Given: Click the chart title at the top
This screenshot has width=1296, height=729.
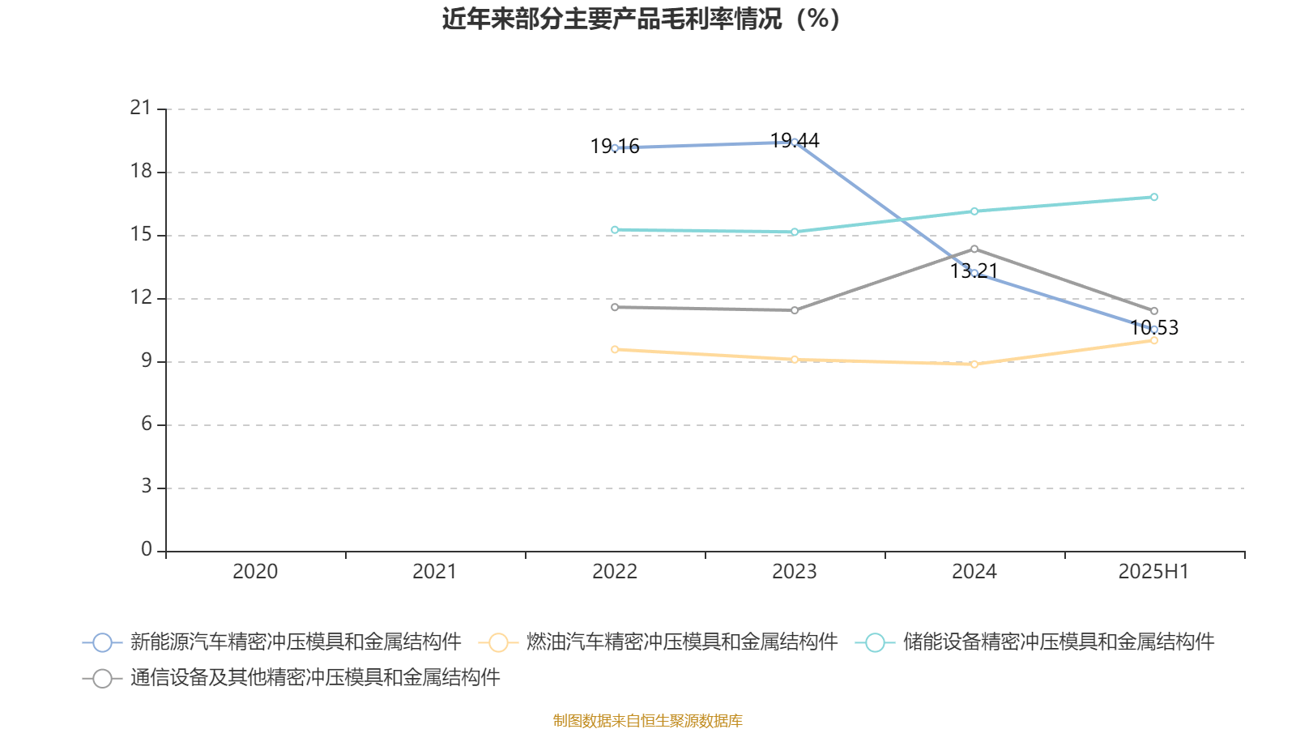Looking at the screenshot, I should (641, 19).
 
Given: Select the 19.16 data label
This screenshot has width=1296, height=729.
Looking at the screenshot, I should (615, 147).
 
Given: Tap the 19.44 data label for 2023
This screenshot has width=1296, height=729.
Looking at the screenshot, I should (795, 141).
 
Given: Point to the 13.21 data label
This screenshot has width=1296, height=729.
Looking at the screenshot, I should (974, 271).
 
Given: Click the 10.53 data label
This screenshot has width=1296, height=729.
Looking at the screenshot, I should (1154, 328).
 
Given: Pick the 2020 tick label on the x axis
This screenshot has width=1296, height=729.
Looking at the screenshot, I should (255, 572).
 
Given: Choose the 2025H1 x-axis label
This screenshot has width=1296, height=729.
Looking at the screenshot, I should (1153, 572).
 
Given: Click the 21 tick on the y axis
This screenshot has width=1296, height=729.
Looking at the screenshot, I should (141, 108).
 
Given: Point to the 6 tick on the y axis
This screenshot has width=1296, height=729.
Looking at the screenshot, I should (147, 424).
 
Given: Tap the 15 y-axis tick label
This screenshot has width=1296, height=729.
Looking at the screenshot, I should (141, 234).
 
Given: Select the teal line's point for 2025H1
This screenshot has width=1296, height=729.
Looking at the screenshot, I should (1154, 197).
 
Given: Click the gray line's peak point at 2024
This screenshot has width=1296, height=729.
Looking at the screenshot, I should (974, 249).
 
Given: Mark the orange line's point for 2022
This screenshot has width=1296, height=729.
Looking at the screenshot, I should (615, 349).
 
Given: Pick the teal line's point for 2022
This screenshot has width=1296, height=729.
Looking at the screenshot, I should (615, 230).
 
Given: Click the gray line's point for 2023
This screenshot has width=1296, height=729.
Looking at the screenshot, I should (795, 310).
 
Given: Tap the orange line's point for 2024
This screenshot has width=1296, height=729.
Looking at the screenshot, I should (974, 364).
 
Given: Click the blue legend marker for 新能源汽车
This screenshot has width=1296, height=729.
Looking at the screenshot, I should (102, 642).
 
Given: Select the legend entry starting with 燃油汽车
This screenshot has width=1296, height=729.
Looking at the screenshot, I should (680, 642).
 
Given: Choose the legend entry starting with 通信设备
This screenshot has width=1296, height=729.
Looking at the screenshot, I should (314, 678).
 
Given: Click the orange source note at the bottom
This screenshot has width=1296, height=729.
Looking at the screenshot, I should (647, 720).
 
